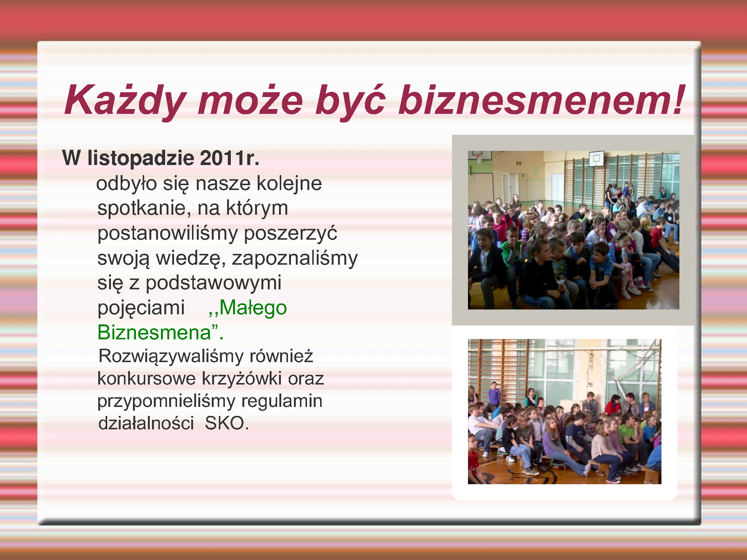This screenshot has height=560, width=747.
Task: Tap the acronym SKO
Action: pyautogui.click(x=226, y=423)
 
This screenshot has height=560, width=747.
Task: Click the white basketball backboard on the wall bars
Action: pyautogui.click(x=596, y=159)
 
